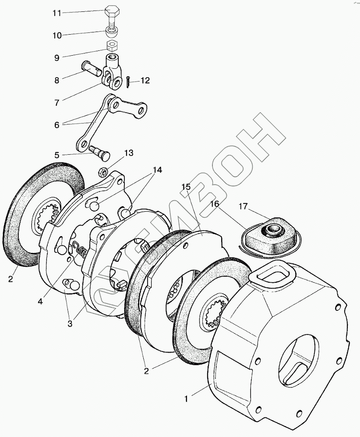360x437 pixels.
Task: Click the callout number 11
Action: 57,13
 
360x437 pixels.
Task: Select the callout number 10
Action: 57,36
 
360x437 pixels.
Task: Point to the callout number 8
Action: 57,80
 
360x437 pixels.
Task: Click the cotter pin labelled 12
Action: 127,81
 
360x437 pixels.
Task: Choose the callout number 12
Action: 145,81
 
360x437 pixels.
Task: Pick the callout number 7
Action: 57,103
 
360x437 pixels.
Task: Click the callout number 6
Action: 57,124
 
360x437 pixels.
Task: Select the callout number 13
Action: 128,153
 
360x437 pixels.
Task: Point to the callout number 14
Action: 157,170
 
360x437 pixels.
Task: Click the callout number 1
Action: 186,399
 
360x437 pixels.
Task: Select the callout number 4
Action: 40,302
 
